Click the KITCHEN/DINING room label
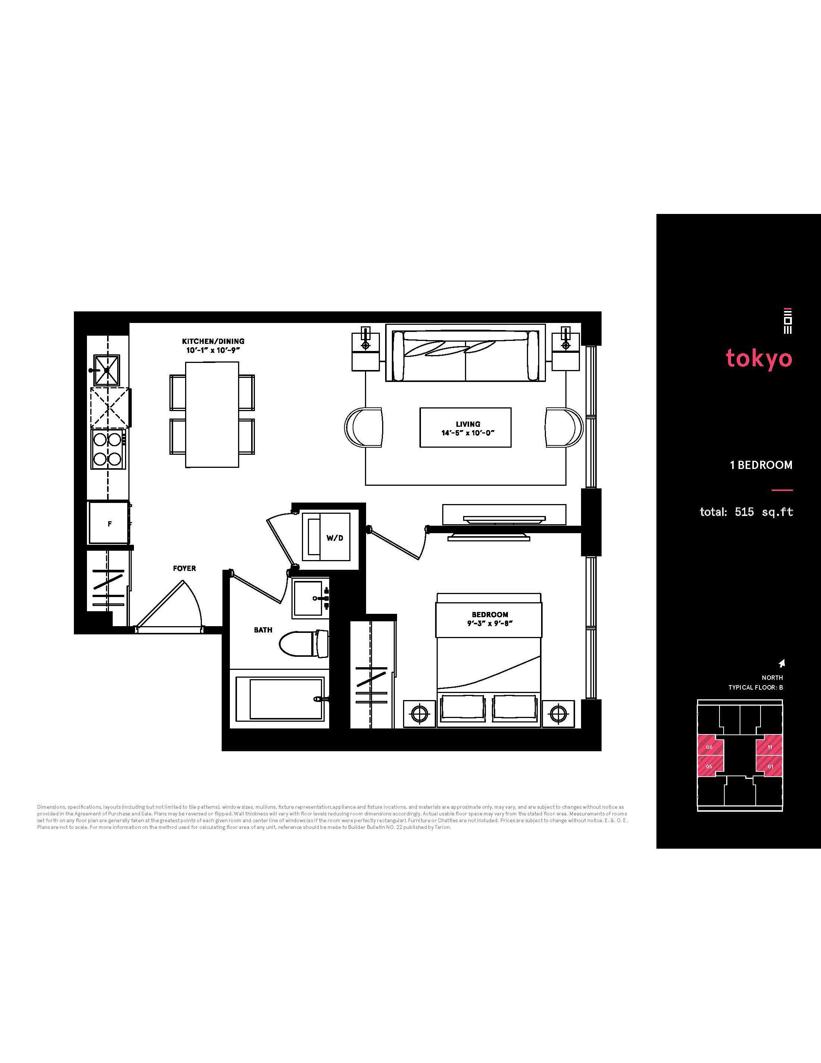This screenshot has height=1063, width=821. [x=213, y=341]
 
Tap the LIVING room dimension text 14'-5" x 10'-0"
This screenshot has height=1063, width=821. [x=468, y=433]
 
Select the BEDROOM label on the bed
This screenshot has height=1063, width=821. [x=490, y=614]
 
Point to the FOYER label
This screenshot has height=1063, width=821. [x=184, y=568]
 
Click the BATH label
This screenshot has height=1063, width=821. [x=263, y=630]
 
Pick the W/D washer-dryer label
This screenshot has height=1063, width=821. [x=335, y=538]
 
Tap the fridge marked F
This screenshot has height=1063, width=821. [x=109, y=523]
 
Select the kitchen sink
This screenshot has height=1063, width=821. [x=106, y=370]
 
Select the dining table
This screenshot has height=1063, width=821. [x=212, y=414]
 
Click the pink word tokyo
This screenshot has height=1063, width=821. [x=759, y=358]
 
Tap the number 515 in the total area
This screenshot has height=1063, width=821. [x=744, y=512]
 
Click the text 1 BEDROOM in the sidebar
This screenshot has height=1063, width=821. [x=761, y=465]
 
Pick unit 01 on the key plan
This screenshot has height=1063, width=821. [x=770, y=766]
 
